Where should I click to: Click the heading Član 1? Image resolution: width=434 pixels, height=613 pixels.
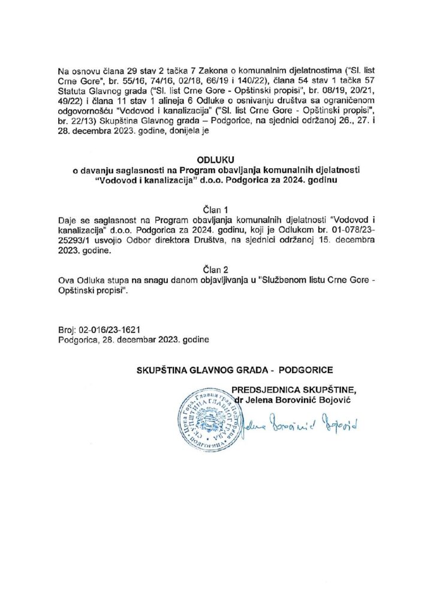point(217,210)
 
